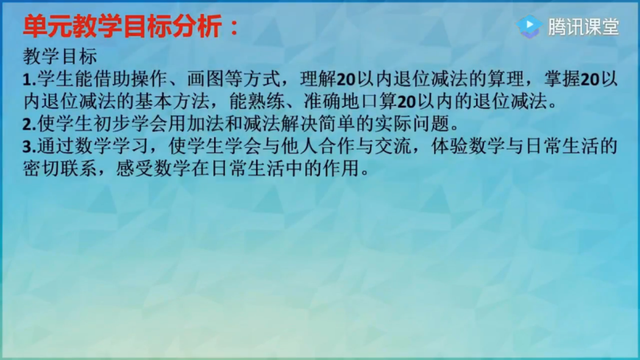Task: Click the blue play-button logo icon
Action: (530, 27)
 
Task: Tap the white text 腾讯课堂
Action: (583, 27)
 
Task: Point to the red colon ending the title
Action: (234, 28)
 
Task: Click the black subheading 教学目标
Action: (60, 57)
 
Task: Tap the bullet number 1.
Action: (29, 80)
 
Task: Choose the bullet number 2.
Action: (29, 124)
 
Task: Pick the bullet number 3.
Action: (29, 147)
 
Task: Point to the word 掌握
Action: (562, 79)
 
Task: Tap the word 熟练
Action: (266, 102)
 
